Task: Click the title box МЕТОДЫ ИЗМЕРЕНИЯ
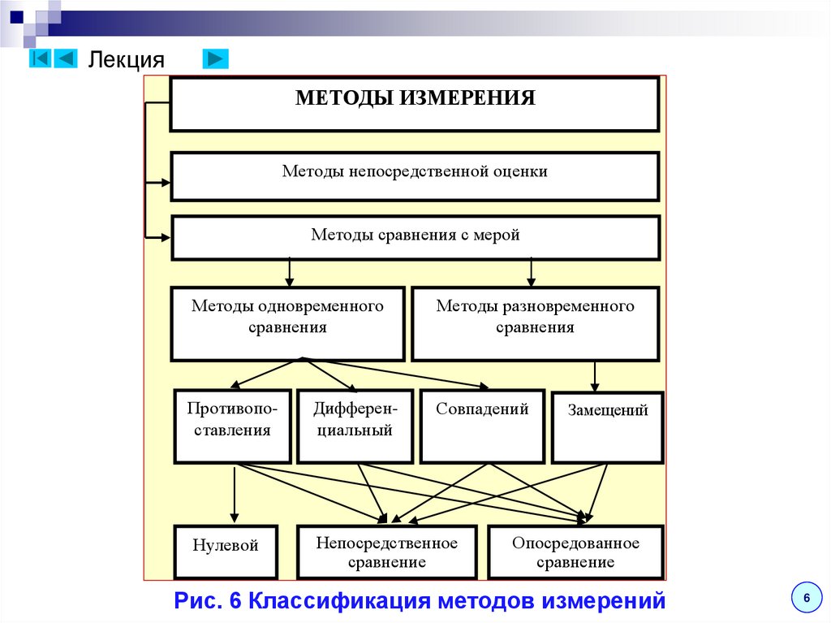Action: [x=414, y=103]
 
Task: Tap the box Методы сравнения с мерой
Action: [x=414, y=237]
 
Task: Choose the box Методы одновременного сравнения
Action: [x=287, y=323]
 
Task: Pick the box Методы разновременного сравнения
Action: [x=535, y=323]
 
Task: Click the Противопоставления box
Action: [x=233, y=426]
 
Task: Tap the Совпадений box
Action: [x=482, y=426]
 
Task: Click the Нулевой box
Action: [x=226, y=551]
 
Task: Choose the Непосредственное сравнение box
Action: [x=387, y=551]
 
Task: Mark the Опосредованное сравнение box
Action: [x=575, y=551]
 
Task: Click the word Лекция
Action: [x=126, y=60]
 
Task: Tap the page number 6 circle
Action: [x=806, y=597]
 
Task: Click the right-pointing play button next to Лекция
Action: [x=215, y=58]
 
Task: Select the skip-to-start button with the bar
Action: [x=41, y=58]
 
